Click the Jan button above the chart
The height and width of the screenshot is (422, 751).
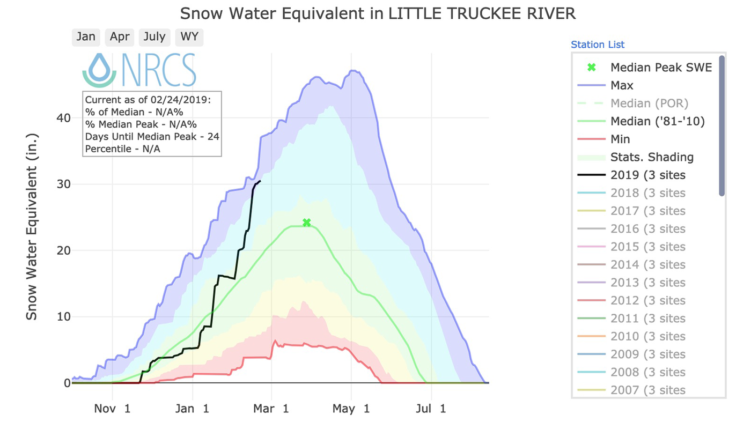(86, 37)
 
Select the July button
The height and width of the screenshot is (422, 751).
(154, 37)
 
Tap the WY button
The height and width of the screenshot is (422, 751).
(189, 37)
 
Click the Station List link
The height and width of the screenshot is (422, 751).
(598, 45)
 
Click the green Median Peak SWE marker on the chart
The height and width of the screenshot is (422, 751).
(306, 223)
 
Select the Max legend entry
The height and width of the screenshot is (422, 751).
(622, 85)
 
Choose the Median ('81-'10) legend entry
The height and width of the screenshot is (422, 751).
(657, 121)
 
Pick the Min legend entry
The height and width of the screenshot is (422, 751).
(620, 139)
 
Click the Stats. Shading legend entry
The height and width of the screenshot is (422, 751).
(652, 157)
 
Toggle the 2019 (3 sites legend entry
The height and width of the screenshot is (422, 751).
(647, 175)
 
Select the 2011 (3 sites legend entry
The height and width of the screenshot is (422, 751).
(647, 319)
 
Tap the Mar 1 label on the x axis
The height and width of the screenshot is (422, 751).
(271, 409)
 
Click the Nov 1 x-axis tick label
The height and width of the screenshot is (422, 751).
(112, 409)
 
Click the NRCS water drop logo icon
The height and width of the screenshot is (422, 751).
(99, 70)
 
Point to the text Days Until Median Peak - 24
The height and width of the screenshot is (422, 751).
(152, 137)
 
